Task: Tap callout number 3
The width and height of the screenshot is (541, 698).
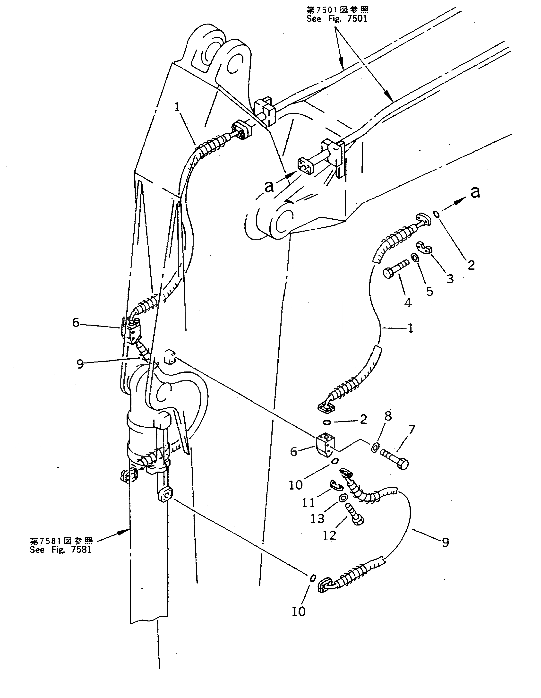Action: pyautogui.click(x=450, y=279)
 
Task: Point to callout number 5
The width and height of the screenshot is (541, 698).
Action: pyautogui.click(x=429, y=291)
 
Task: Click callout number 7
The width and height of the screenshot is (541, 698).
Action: pyautogui.click(x=411, y=430)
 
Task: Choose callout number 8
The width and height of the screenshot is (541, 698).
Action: pyautogui.click(x=388, y=416)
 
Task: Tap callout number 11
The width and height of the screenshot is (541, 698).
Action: pyautogui.click(x=308, y=503)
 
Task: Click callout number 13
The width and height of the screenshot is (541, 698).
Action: pyautogui.click(x=317, y=518)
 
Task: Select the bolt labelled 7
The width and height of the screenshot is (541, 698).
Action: pyautogui.click(x=394, y=458)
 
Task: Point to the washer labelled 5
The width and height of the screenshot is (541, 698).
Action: pyautogui.click(x=414, y=257)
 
